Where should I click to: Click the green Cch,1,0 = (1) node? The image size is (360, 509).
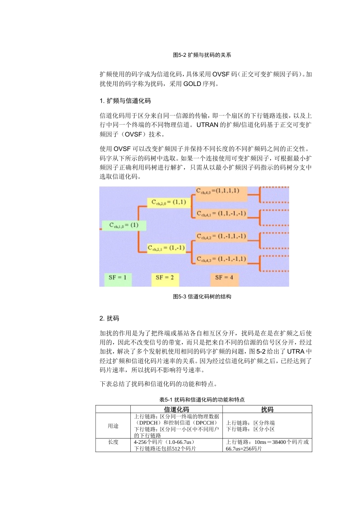coord(124,225)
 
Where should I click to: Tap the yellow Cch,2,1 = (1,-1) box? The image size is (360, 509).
coord(166,248)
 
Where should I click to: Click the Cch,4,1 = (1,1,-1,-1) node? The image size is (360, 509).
coord(221,214)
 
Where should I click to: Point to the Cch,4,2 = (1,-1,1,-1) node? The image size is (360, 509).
coord(221,237)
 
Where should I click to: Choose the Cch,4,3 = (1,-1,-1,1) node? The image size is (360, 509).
coord(221,259)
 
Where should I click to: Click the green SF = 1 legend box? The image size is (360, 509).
coord(117,278)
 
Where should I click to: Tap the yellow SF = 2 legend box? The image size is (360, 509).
coord(164,278)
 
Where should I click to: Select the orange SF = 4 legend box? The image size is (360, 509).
coord(224,278)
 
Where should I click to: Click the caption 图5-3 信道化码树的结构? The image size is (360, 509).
coord(202,297)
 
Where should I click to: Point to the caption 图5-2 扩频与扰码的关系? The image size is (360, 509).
coord(202,55)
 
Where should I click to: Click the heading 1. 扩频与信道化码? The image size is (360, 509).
coord(125,101)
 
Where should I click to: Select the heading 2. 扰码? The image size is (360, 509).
coord(109,319)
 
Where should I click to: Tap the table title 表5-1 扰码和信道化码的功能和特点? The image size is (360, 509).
coord(202,400)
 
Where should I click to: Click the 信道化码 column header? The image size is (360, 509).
coord(176,409)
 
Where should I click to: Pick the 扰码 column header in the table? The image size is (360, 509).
coord(267,409)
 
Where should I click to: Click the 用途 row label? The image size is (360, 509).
coord(113,426)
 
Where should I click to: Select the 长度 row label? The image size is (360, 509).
coord(113,442)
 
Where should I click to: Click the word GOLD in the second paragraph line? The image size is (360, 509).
coord(192,84)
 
